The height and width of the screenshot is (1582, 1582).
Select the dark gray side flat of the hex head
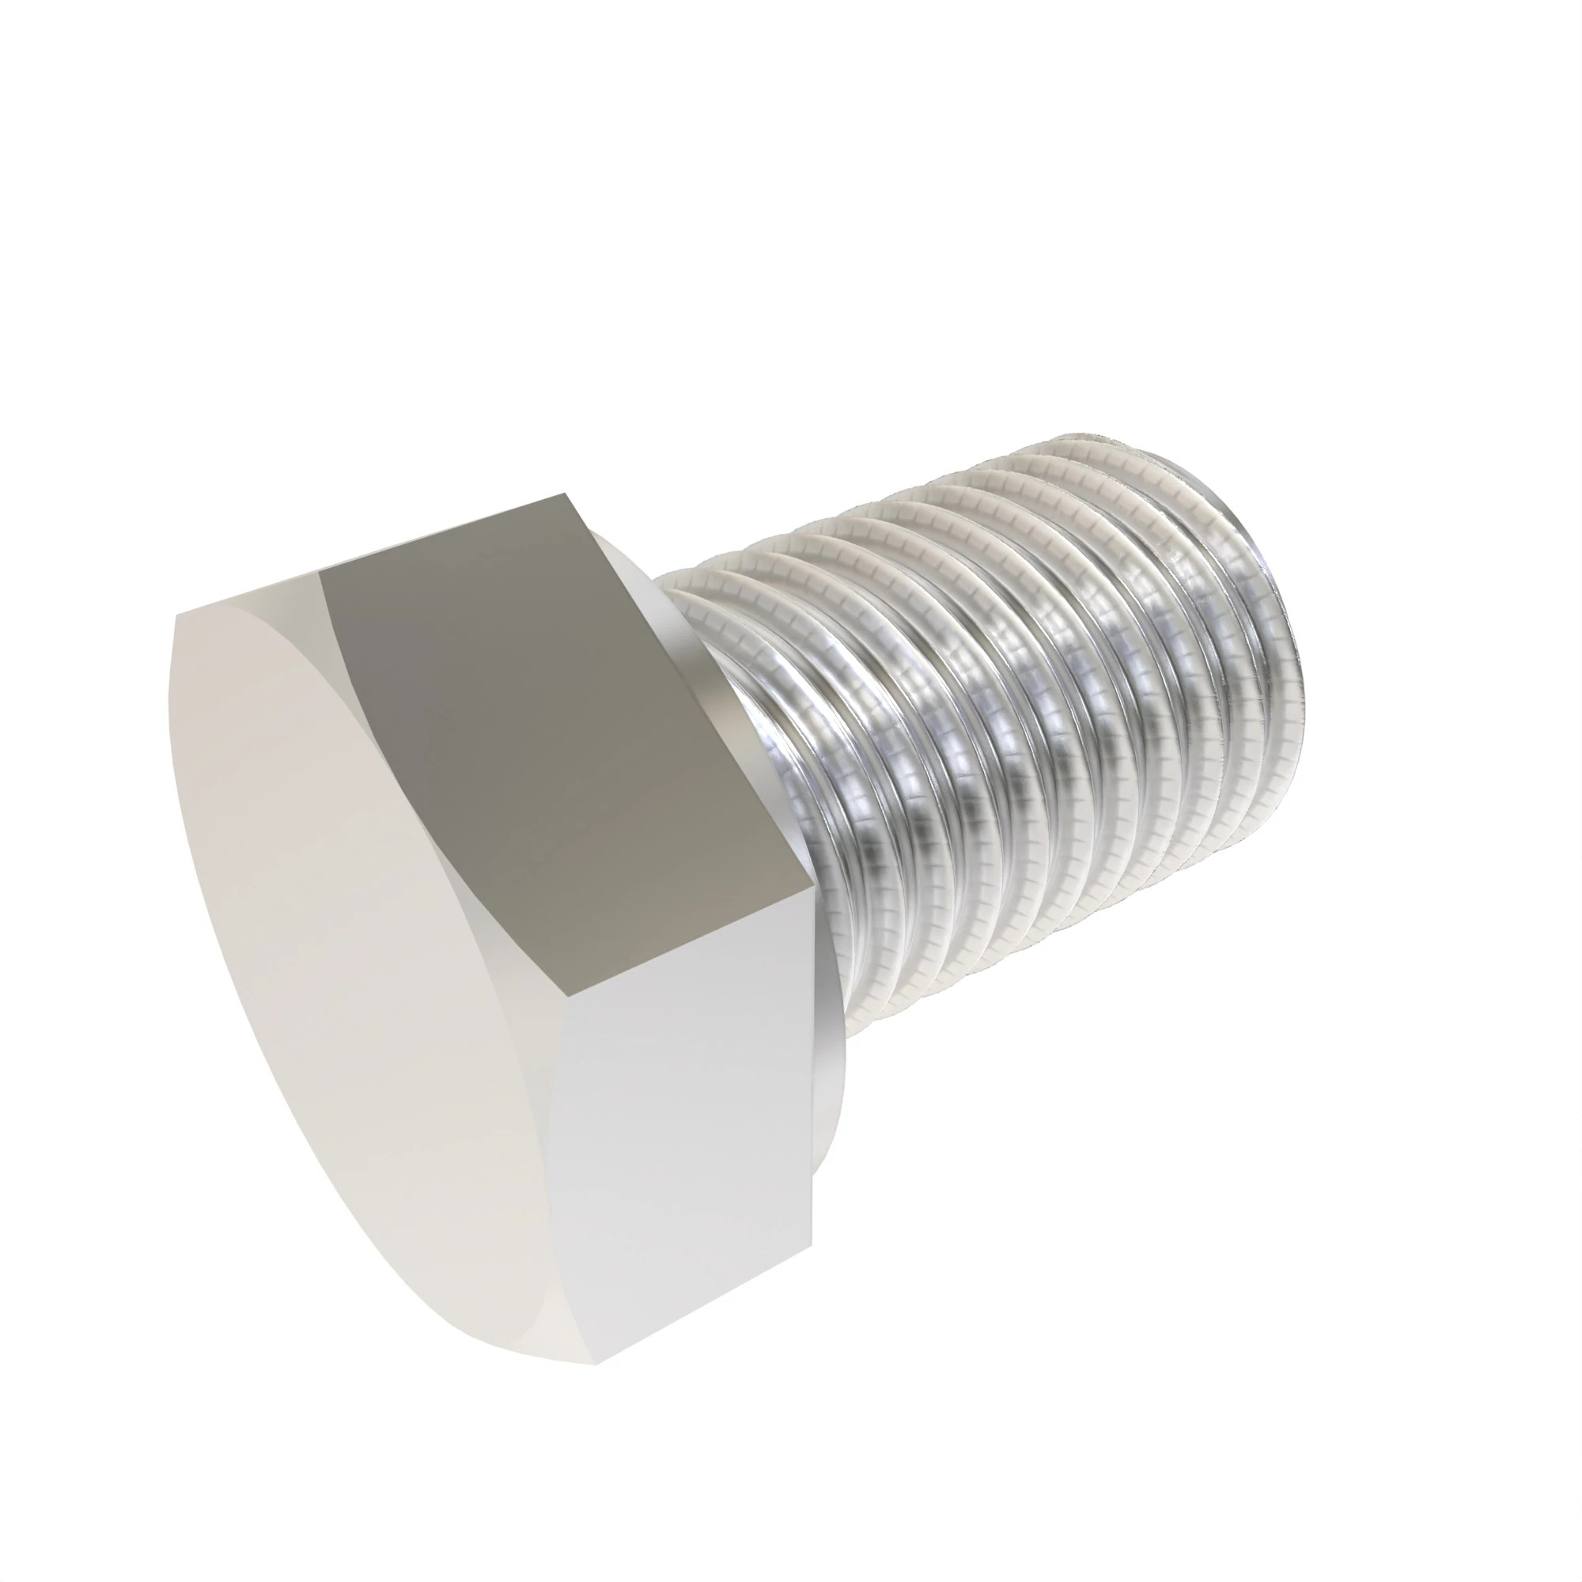[x=565, y=737]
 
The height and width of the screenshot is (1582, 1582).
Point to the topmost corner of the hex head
[x=566, y=494]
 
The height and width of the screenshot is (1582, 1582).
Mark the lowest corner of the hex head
[x=596, y=1364]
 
